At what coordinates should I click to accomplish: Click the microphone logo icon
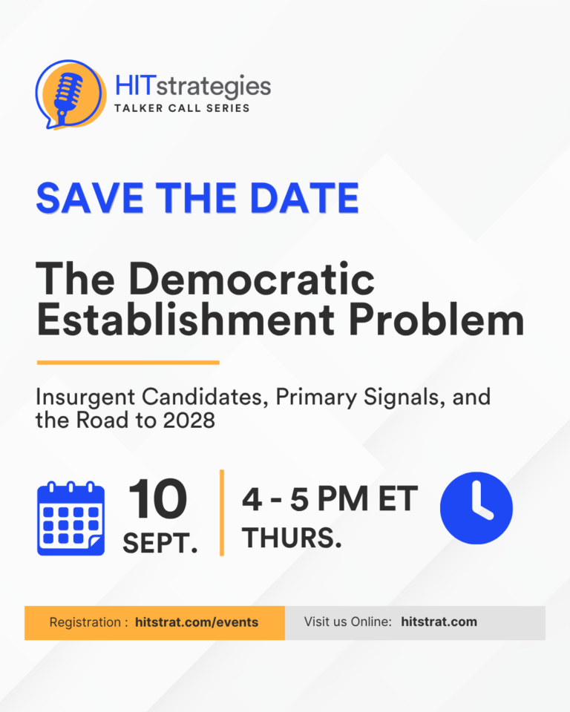pos(71,94)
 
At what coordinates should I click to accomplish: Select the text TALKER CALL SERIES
pos(182,108)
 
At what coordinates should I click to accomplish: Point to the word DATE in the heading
pos(304,198)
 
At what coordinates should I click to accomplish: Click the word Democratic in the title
pos(252,279)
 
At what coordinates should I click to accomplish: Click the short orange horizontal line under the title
pos(128,363)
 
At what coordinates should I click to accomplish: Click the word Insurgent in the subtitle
pos(85,398)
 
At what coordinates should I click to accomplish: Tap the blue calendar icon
pos(71,518)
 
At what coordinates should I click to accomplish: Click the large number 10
pos(158,499)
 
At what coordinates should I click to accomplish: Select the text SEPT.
pos(160,543)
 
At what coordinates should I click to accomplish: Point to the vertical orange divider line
pos(222,512)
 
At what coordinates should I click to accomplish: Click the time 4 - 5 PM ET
pos(330,499)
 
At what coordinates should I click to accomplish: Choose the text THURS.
pos(292,538)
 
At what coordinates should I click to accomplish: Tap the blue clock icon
pos(476,508)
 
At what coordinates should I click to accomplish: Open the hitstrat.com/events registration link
pos(197,622)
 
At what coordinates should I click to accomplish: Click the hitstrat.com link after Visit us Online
pos(439,622)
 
